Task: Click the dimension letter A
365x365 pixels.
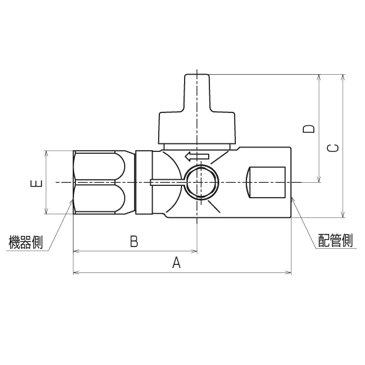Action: pyautogui.click(x=176, y=263)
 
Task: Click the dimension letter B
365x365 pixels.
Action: pyautogui.click(x=133, y=241)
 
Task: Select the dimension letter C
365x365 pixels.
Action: pyautogui.click(x=332, y=148)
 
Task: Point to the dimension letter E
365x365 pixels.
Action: pyautogui.click(x=36, y=183)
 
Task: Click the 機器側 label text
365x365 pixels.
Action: pyautogui.click(x=24, y=242)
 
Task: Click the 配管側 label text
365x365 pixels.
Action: pyautogui.click(x=335, y=240)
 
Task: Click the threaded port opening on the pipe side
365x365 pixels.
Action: pyautogui.click(x=266, y=183)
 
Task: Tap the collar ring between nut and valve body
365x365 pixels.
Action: pyautogui.click(x=143, y=182)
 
